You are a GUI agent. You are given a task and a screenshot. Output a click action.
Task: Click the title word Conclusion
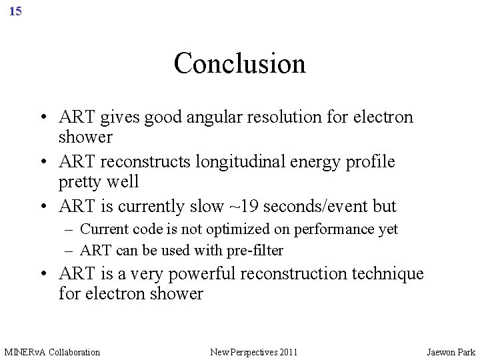[239, 63]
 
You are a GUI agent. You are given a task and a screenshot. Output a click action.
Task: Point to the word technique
[386, 273]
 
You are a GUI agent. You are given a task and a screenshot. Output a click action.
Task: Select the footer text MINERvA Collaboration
[52, 351]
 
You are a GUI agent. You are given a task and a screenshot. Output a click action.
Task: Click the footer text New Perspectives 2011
[253, 351]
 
